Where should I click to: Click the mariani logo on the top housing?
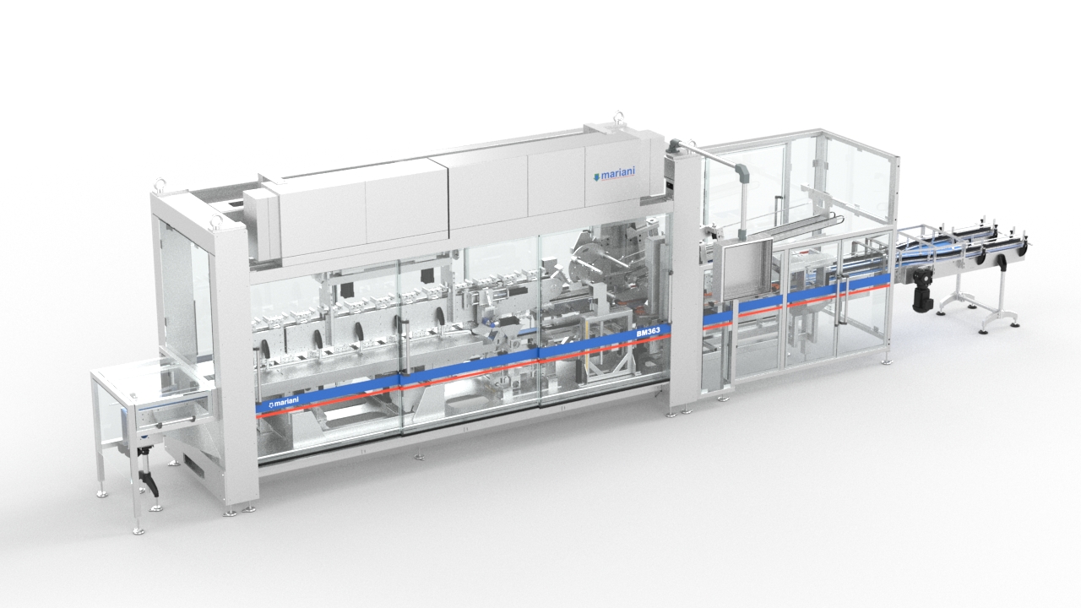click(613, 173)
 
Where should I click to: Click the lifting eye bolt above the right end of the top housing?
click(618, 117)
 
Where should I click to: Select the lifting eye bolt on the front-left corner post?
click(216, 222)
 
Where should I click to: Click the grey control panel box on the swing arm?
click(741, 269)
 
